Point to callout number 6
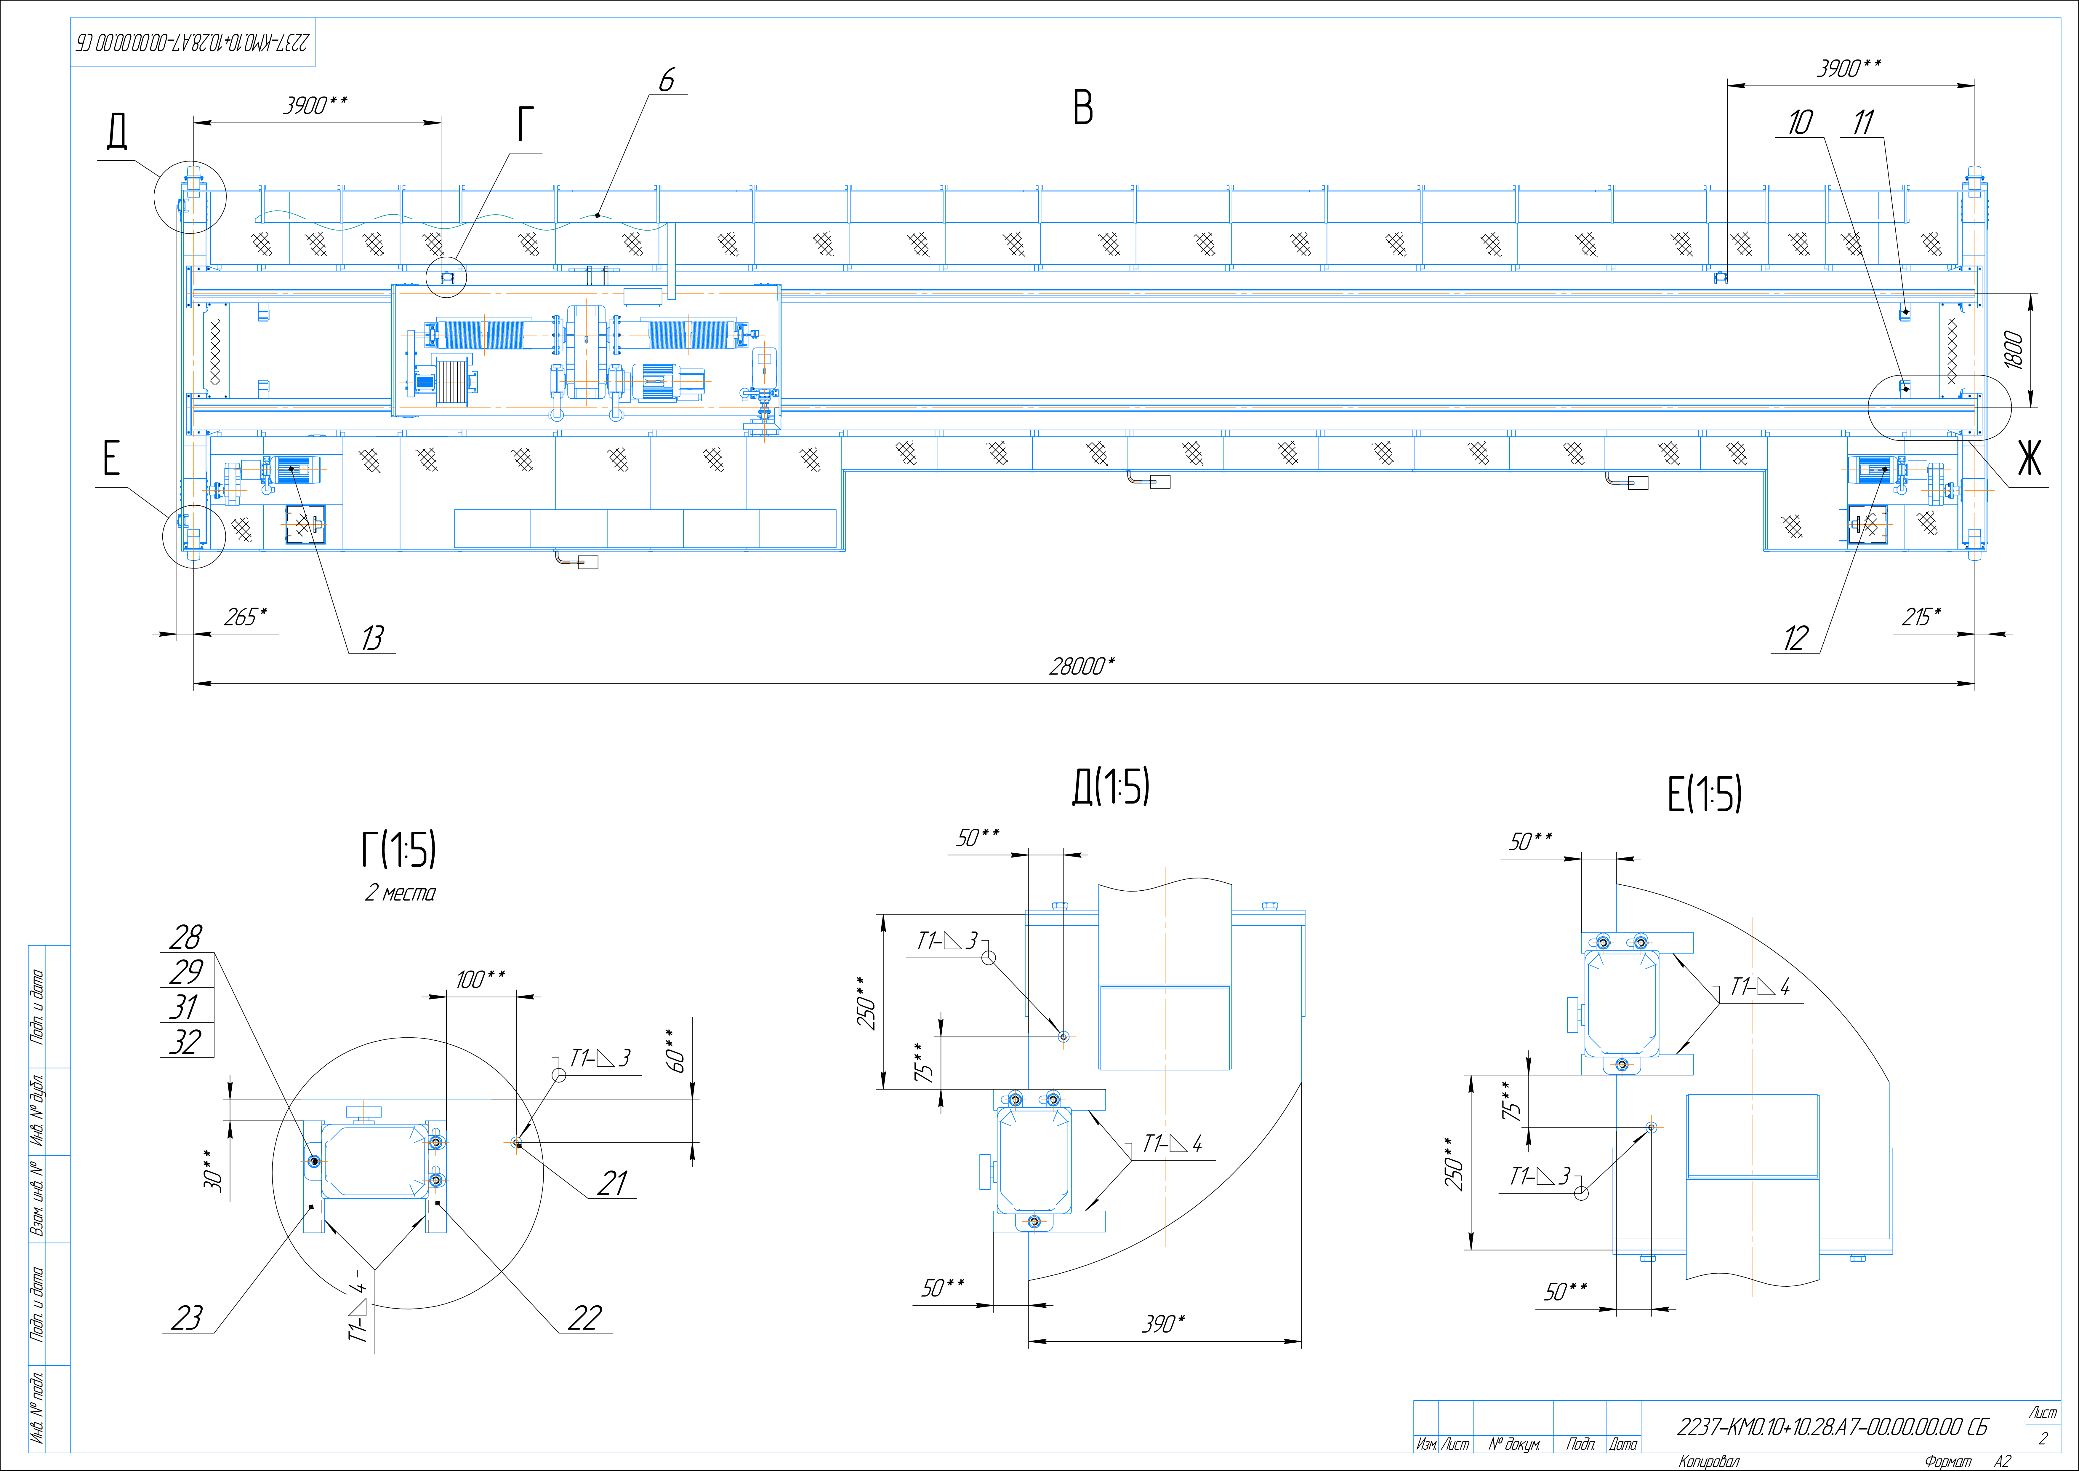[667, 81]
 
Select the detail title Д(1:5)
[1111, 786]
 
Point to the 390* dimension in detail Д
[1163, 1324]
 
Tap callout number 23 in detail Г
[187, 1317]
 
